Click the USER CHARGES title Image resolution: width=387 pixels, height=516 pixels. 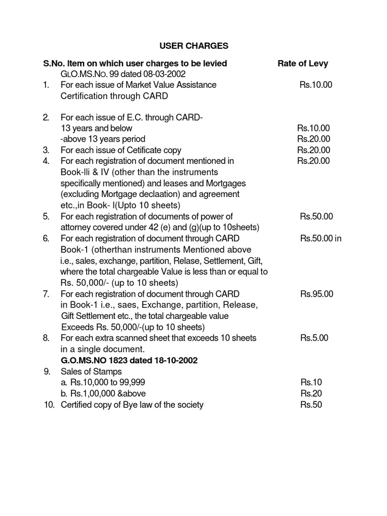194,46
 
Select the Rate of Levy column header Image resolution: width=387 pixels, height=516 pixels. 302,63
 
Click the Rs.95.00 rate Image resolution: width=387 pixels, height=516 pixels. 316,294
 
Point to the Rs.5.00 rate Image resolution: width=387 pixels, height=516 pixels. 314,338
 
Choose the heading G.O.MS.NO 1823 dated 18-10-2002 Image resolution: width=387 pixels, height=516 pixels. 129,360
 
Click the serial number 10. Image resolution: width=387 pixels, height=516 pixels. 49,405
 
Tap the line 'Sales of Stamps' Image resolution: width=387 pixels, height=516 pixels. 91,372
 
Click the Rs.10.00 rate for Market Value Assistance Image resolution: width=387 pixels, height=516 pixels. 316,85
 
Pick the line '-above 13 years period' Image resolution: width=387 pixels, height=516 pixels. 103,139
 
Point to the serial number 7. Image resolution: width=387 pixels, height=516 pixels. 46,294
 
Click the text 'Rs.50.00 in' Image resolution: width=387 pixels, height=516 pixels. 321,238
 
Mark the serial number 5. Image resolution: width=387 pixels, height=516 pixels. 46,216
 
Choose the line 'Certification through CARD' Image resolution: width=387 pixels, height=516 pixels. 114,96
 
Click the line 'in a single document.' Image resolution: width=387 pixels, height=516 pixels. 103,349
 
